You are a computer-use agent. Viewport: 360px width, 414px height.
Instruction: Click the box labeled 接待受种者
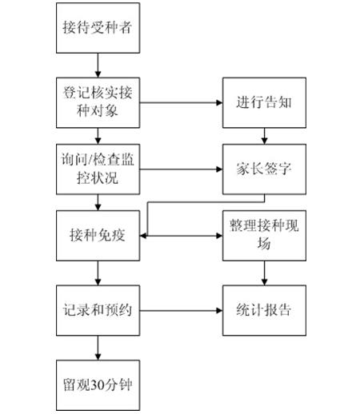(98, 28)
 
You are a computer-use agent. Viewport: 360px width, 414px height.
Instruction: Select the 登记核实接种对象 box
(98, 102)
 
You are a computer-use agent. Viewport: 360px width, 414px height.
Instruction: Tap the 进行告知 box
(264, 102)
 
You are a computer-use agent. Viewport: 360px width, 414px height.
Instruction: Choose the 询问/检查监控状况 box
(98, 169)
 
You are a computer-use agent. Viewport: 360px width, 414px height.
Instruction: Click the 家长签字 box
(264, 169)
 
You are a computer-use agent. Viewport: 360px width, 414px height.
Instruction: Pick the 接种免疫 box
(98, 236)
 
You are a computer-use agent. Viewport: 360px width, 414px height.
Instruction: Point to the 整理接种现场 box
(264, 236)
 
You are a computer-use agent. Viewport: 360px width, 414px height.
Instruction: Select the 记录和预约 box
(98, 310)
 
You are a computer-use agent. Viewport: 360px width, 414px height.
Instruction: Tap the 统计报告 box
(264, 310)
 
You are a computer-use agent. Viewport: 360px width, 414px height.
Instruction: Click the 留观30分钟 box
(98, 385)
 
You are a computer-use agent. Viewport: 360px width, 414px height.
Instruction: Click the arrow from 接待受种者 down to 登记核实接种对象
(98, 66)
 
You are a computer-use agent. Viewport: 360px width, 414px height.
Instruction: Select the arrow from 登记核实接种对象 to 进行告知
(181, 102)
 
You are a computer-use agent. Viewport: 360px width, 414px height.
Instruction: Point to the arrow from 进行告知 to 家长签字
(264, 136)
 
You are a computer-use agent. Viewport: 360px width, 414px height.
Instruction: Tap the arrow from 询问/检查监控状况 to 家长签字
(181, 169)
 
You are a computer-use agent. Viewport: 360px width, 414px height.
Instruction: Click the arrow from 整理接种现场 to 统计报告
(264, 273)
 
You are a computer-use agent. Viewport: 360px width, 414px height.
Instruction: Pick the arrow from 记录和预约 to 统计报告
(181, 310)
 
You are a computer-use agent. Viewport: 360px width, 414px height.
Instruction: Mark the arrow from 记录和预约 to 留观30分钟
(98, 348)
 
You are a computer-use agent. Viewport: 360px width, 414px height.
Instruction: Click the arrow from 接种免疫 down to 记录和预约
(98, 273)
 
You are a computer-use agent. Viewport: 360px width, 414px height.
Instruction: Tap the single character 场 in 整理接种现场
(264, 243)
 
